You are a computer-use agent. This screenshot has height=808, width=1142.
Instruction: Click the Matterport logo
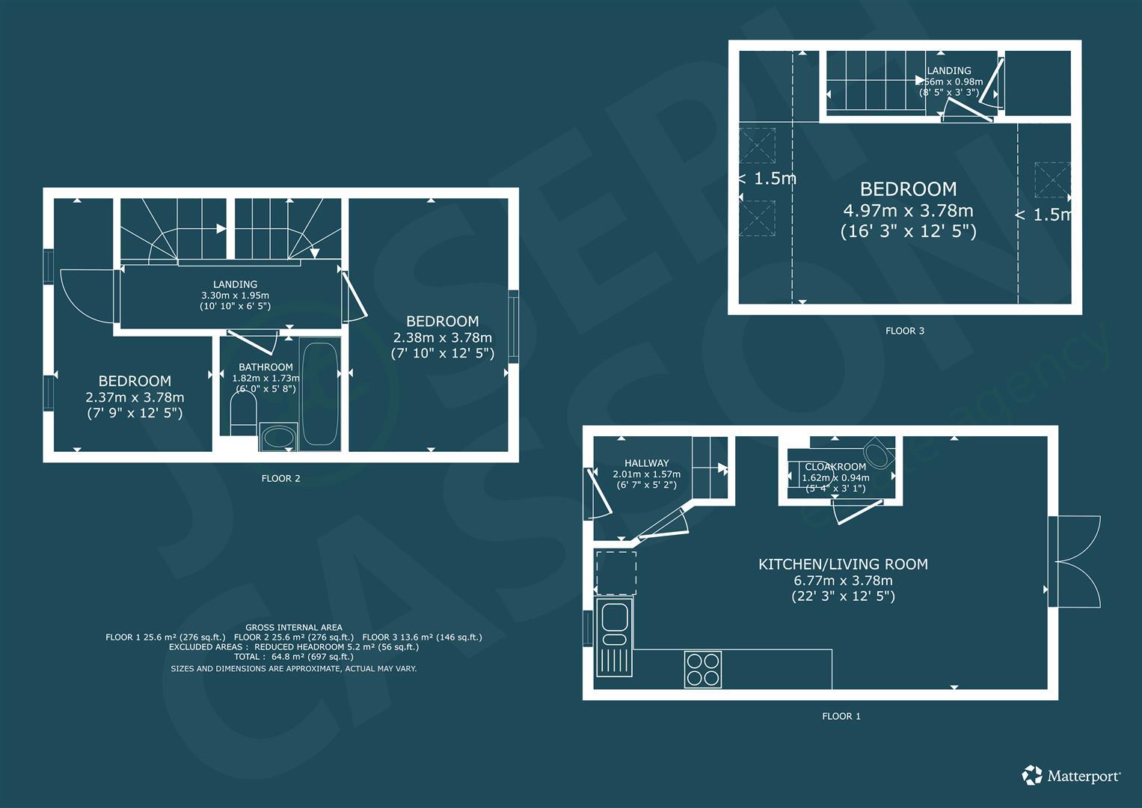coord(1071,776)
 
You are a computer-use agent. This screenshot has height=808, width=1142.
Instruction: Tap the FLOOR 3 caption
coord(904,331)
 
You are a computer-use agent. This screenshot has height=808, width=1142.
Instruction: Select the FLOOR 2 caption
coord(281,479)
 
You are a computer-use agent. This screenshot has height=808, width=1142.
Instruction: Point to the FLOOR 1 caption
coord(841,716)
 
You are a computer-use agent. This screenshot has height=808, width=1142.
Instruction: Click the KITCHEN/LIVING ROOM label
coord(844,564)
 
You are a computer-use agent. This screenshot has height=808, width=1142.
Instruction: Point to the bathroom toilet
coord(243,413)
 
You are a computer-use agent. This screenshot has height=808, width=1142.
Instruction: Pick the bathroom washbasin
coord(278,437)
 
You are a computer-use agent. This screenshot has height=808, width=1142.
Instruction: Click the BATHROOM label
coord(265,367)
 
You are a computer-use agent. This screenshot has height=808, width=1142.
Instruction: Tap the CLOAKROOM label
coord(835,467)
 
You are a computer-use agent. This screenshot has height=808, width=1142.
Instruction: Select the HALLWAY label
coord(646,463)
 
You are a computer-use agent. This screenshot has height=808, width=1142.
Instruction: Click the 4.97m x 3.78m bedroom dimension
coord(908,210)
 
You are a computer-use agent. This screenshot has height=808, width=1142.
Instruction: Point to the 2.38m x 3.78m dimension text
coord(443,337)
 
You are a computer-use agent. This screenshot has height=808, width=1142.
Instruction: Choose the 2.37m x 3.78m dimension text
coord(135,397)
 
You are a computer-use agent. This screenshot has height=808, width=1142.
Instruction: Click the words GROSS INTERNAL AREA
coord(294,628)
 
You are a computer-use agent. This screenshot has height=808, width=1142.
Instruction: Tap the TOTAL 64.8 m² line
coord(294,657)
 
